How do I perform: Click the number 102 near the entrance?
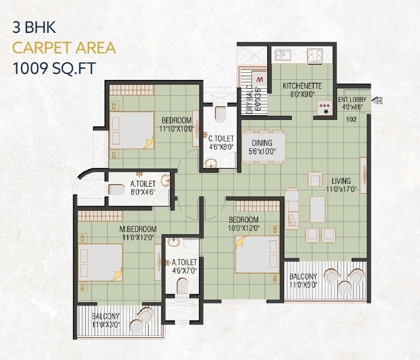tap(352, 119)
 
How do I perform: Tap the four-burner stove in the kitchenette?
tap(315, 57)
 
